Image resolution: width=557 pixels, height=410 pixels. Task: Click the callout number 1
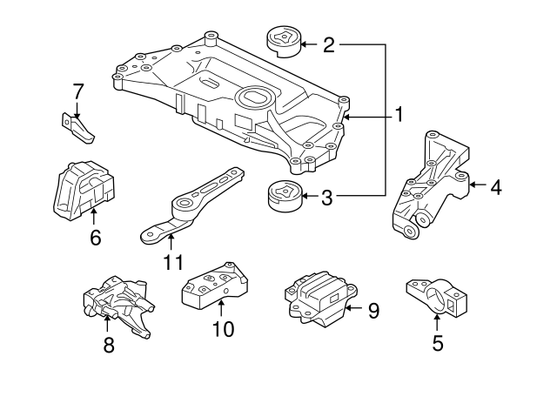[399, 114]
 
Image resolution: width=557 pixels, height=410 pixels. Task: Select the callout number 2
[328, 44]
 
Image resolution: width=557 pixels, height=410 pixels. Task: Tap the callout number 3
[327, 198]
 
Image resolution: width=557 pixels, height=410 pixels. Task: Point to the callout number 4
[495, 185]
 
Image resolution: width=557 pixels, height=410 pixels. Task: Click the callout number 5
[437, 343]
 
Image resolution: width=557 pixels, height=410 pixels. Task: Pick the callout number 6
[95, 236]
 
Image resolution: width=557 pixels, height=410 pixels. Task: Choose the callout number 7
[77, 90]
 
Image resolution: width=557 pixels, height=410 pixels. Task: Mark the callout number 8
[108, 345]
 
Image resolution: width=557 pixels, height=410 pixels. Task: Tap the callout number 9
[373, 310]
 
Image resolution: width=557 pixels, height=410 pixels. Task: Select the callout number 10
[223, 329]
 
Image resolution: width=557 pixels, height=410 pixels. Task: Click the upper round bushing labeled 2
[282, 40]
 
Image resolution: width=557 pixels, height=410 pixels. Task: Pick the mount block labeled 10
[213, 283]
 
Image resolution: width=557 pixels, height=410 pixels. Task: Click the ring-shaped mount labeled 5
[439, 298]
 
